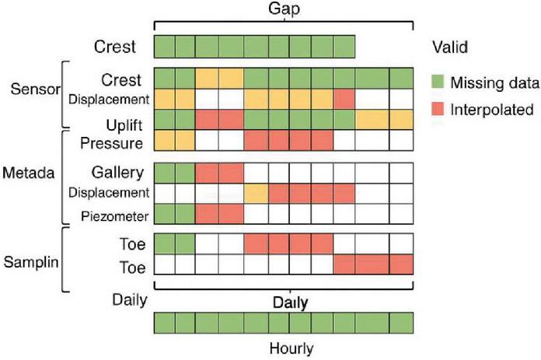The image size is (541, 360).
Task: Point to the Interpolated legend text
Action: click(x=493, y=110)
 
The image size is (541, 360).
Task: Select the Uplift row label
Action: click(x=123, y=122)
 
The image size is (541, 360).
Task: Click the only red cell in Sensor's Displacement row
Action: click(x=344, y=99)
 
